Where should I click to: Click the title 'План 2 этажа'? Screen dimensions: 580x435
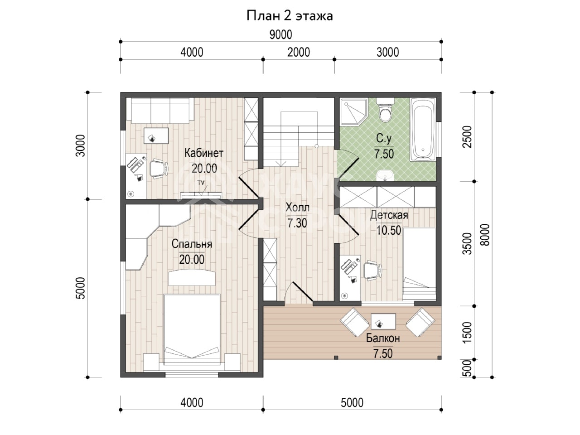[x=290, y=16]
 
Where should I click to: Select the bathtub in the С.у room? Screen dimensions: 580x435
[x=423, y=130]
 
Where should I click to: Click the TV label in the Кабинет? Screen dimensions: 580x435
[x=201, y=183]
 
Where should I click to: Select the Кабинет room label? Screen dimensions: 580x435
[x=204, y=153]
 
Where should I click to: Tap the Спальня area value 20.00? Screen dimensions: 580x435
[x=192, y=259]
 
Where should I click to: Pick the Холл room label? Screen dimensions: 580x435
[x=297, y=208]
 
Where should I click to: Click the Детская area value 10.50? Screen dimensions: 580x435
[x=388, y=230]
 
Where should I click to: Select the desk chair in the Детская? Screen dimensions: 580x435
[x=372, y=270]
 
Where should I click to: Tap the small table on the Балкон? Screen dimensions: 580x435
[x=383, y=321]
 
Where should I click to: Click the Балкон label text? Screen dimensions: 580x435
[x=383, y=338]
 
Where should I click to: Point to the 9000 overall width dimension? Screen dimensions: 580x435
[x=280, y=35]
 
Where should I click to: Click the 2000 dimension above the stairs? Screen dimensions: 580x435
[x=299, y=53]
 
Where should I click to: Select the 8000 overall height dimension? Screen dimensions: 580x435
[x=485, y=235]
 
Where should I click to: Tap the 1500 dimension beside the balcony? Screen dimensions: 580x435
[x=467, y=332]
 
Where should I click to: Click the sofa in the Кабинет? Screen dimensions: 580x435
[x=160, y=110]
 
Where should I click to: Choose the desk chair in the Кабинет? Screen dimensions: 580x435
[x=159, y=169]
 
